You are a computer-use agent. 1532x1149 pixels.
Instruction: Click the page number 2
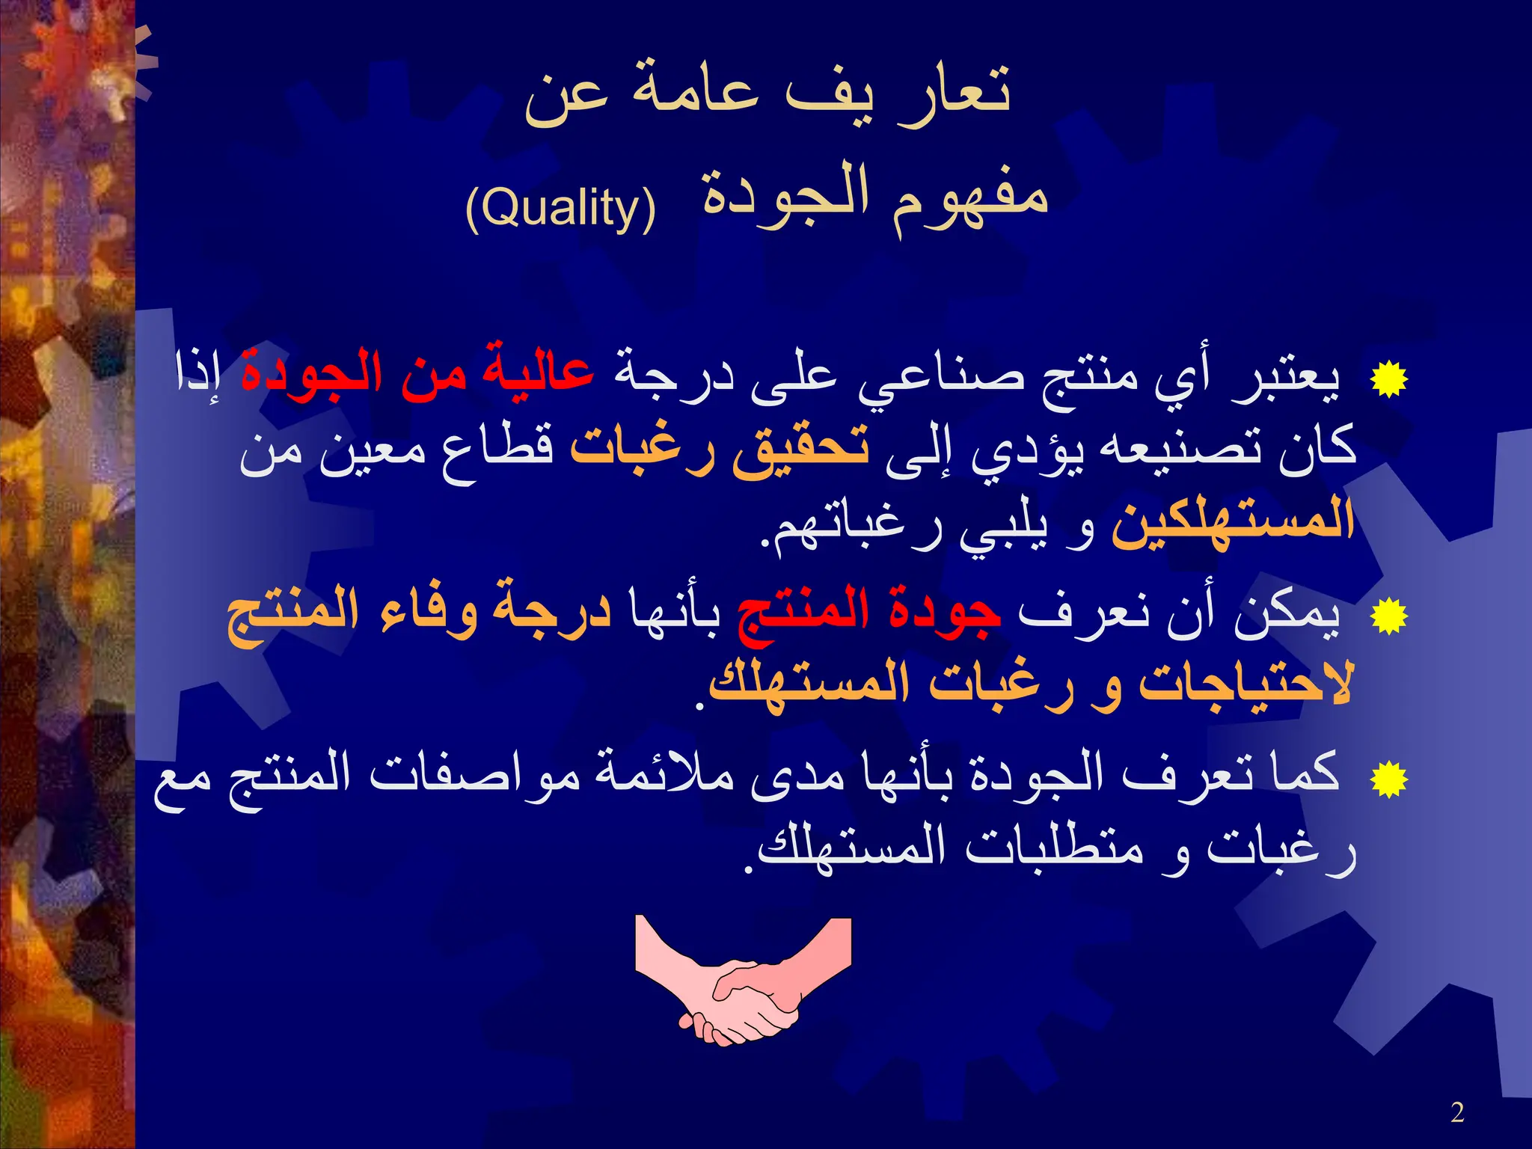[x=1457, y=1112]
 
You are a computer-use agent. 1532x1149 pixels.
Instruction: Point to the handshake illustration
[x=743, y=980]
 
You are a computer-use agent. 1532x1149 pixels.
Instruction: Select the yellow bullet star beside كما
[x=1388, y=779]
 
